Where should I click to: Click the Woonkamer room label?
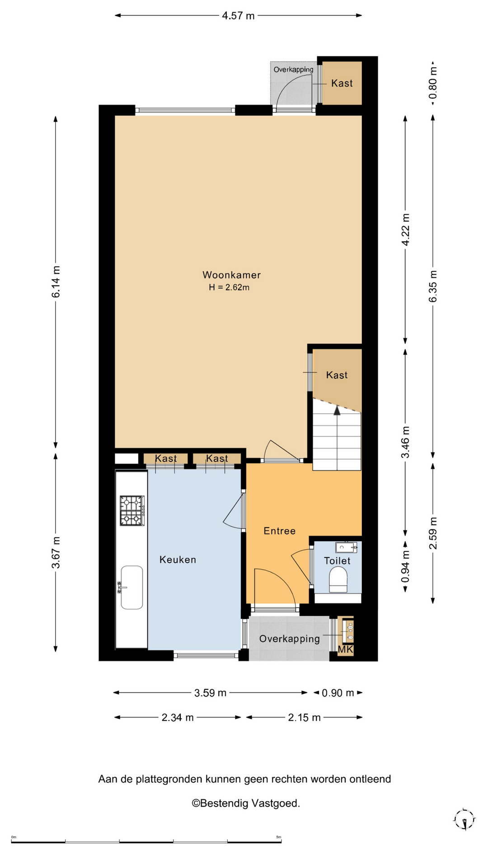(231, 275)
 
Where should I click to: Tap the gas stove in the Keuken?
(132, 510)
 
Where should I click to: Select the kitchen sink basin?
(132, 587)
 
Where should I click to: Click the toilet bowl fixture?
(338, 580)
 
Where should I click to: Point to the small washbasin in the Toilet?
(346, 547)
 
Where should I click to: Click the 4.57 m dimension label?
(238, 16)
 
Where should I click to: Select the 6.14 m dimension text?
(56, 282)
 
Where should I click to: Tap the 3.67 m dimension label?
(56, 552)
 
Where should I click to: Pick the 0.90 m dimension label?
(338, 693)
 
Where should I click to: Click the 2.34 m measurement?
(178, 717)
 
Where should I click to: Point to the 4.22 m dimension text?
(406, 230)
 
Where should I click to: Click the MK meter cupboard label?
(345, 650)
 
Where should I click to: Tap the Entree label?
(280, 531)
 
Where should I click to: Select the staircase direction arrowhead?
(337, 410)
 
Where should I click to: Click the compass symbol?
(465, 820)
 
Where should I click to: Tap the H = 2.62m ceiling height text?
(229, 287)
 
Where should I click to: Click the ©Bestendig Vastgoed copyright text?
(246, 803)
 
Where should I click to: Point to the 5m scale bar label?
(279, 837)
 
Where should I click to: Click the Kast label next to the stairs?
(337, 375)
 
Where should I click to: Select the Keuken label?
(178, 560)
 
